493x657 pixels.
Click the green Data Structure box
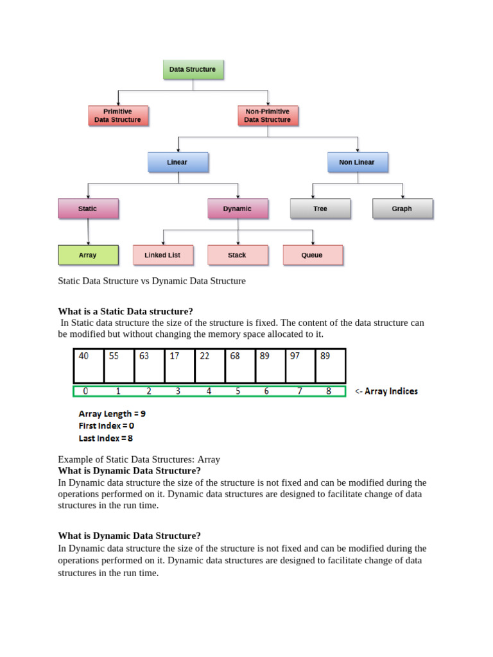[193, 69]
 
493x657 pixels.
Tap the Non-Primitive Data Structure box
[267, 115]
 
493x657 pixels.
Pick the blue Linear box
[178, 162]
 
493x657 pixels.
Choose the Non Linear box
[357, 162]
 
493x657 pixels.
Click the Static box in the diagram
[88, 209]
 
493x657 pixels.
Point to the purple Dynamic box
[238, 209]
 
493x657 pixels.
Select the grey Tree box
[320, 209]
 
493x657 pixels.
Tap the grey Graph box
[402, 209]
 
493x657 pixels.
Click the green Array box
[88, 255]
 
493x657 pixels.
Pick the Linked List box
[163, 255]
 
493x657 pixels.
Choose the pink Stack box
[238, 255]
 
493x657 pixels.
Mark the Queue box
[313, 255]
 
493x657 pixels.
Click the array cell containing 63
[150, 366]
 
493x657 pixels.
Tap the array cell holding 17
[180, 366]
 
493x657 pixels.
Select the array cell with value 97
[300, 366]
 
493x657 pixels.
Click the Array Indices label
[386, 391]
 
